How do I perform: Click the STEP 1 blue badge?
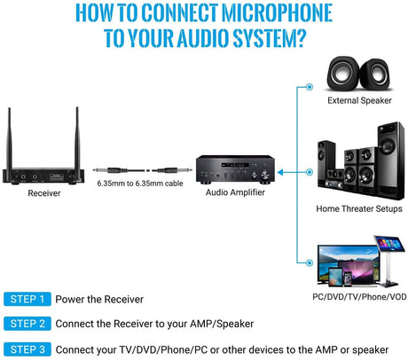pos(27,299)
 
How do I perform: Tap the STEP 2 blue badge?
pos(27,324)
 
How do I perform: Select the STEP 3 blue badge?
pos(27,349)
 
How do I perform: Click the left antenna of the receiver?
pos(9,139)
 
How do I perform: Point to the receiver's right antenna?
pos(77,138)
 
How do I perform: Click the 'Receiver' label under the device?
pos(44,193)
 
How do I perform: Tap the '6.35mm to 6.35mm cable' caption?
pos(140,184)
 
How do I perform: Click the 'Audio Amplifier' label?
pos(235,192)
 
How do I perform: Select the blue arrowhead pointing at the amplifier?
pos(280,172)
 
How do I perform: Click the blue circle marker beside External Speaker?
pos(310,87)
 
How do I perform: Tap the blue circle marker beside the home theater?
pos(310,172)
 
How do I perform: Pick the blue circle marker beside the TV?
pos(310,262)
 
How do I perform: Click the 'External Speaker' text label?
pos(359,100)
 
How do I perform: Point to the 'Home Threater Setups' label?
pos(359,208)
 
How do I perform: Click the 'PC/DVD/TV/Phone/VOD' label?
pos(359,297)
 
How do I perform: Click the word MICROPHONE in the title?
pos(277,13)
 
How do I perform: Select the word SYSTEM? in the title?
pos(269,38)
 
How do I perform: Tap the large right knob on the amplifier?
pos(264,176)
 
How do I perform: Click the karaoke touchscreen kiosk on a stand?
pos(389,261)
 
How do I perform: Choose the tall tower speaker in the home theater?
pos(391,160)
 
